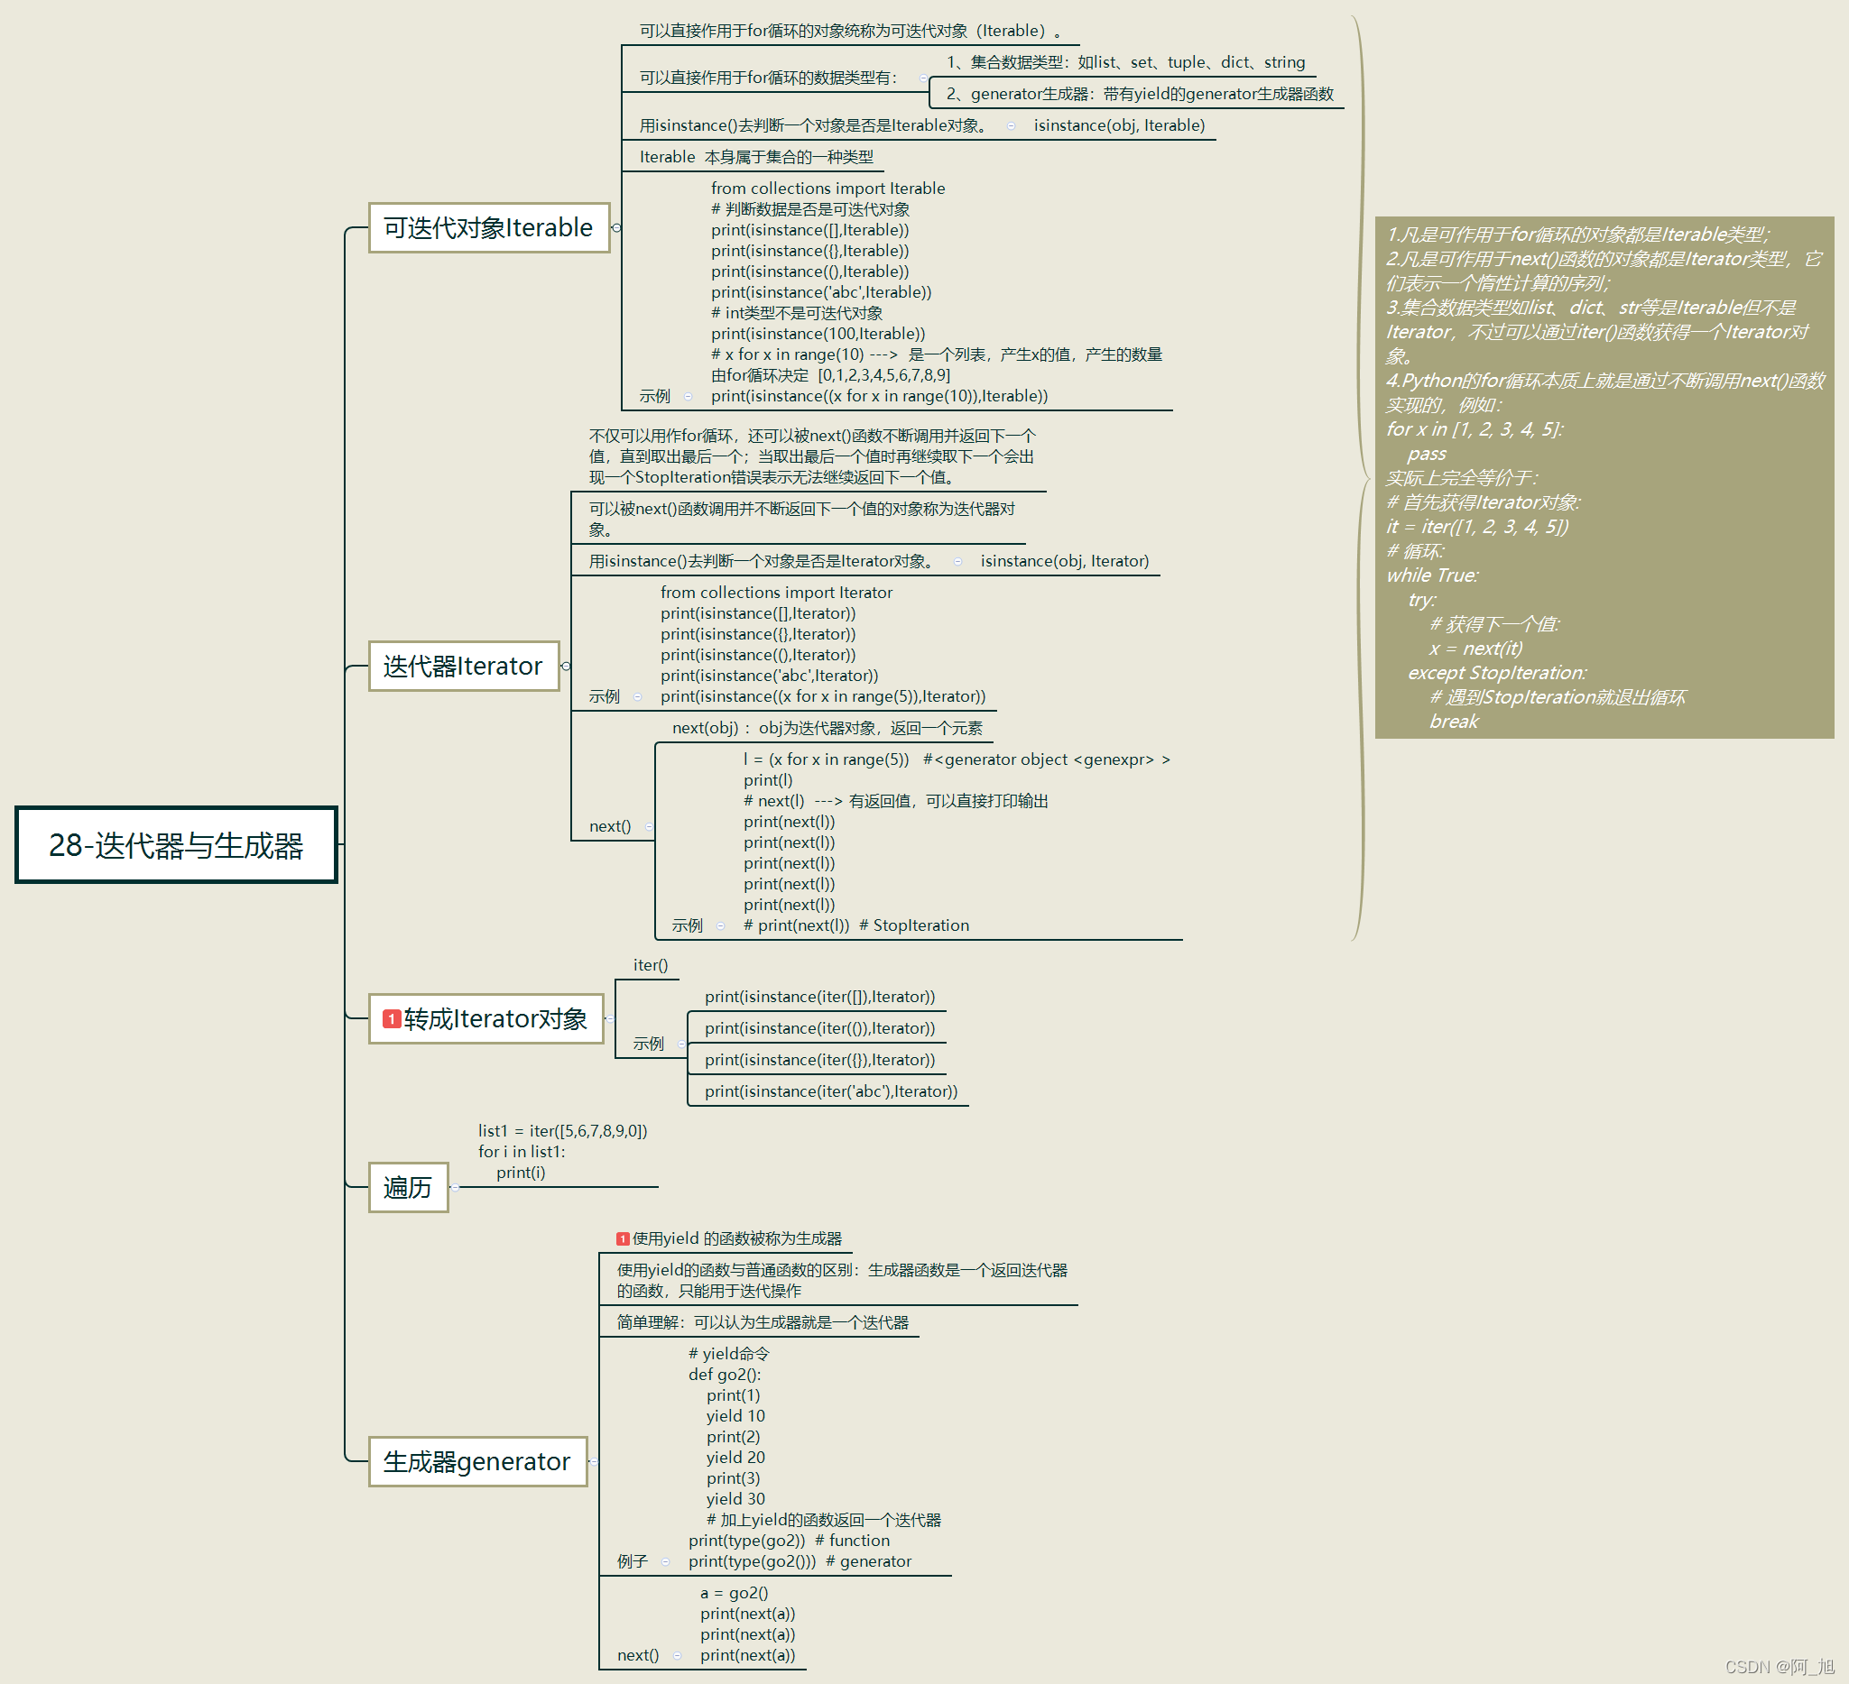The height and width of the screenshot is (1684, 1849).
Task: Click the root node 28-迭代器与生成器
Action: click(x=176, y=845)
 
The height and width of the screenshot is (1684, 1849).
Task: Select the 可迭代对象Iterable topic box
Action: click(x=488, y=227)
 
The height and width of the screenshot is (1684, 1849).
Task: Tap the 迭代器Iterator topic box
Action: click(x=463, y=666)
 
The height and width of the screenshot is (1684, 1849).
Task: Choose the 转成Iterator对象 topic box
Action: click(x=486, y=1018)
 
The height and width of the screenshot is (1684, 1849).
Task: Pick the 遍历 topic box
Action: click(x=408, y=1187)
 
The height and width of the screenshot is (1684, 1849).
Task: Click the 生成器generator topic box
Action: click(x=477, y=1461)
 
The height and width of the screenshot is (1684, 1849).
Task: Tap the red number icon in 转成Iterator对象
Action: click(x=392, y=1018)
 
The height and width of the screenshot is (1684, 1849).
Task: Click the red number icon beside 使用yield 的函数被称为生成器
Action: click(x=623, y=1238)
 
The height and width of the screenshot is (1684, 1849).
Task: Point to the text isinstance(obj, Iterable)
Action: click(x=1119, y=125)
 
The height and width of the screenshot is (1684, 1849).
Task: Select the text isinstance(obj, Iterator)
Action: click(x=1064, y=561)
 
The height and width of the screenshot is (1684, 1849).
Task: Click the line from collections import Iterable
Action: click(x=827, y=188)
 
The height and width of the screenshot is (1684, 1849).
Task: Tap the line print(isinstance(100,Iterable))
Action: click(x=818, y=334)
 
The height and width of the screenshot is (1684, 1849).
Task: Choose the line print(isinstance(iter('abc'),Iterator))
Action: click(x=831, y=1090)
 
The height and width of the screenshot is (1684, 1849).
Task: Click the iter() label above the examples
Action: click(x=651, y=964)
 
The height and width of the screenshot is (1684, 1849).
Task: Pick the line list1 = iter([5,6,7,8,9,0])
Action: click(x=562, y=1130)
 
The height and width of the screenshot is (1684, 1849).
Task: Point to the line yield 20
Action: click(x=735, y=1457)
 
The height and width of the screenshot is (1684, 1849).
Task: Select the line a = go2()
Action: click(x=734, y=1592)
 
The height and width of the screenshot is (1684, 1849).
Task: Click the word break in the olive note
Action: click(x=1454, y=722)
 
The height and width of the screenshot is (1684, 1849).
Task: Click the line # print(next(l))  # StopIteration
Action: click(x=855, y=925)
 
